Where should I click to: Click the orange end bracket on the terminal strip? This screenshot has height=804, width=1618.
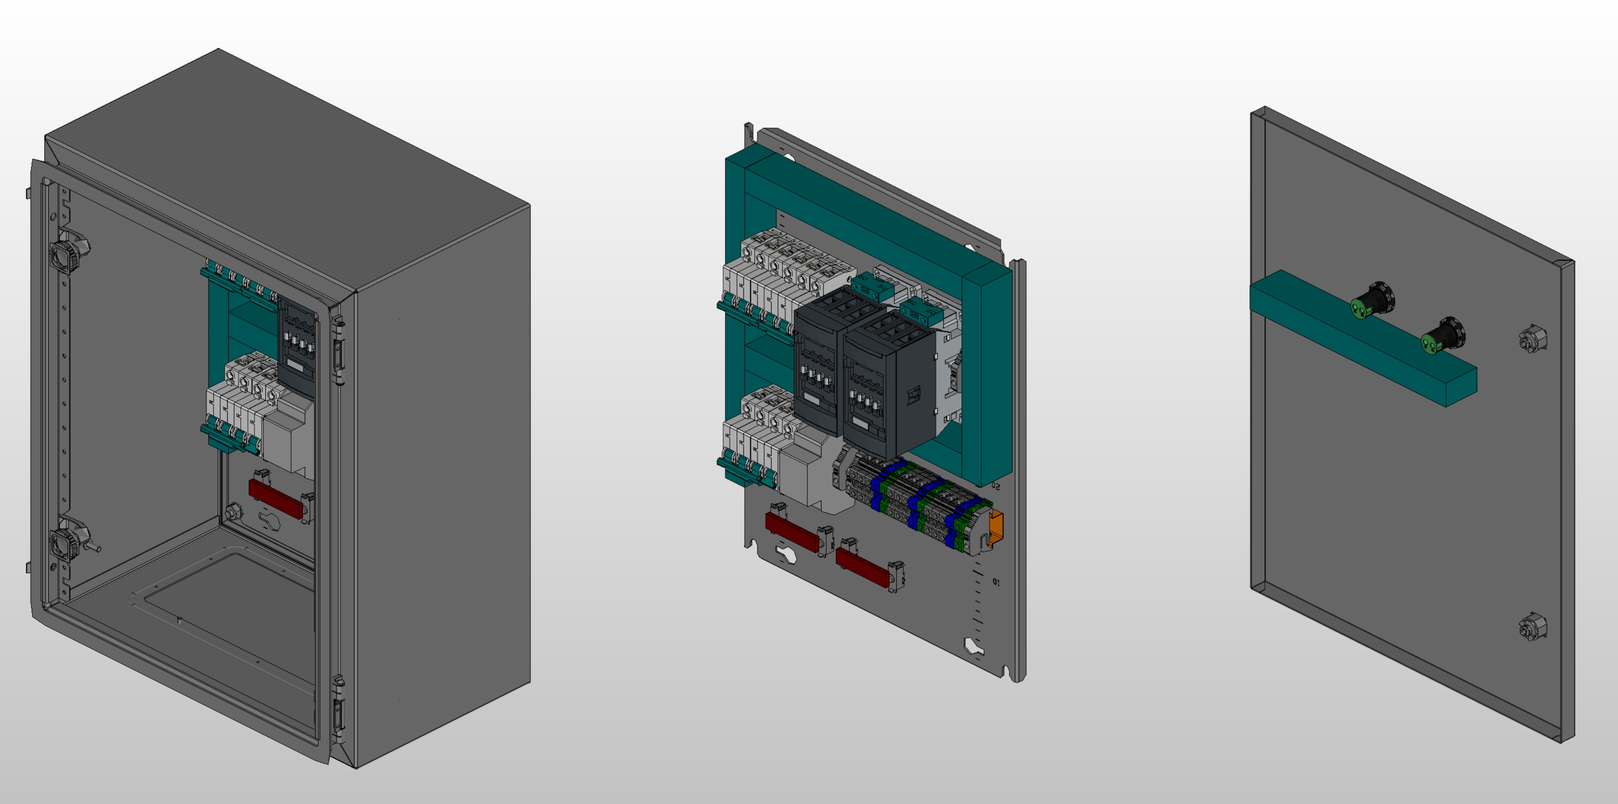(x=996, y=526)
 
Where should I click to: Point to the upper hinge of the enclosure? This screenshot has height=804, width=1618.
(x=339, y=349)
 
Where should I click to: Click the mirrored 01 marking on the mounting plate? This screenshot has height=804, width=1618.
(x=996, y=582)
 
